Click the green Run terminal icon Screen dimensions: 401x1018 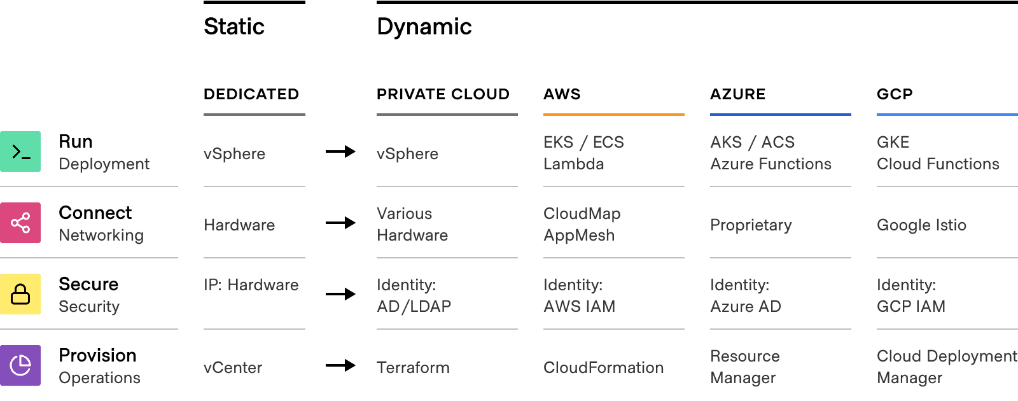coord(20,151)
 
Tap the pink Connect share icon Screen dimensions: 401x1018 coord(20,223)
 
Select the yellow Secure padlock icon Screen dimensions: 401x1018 coord(20,294)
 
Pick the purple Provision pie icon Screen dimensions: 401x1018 coord(20,365)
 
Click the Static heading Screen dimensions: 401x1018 coord(234,27)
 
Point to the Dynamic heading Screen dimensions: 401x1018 coord(424,27)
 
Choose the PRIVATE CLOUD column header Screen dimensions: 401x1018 coord(443,94)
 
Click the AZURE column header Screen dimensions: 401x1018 coord(738,94)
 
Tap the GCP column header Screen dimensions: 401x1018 coord(895,94)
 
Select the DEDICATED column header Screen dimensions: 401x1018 coord(251,94)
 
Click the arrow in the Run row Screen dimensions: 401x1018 coord(340,151)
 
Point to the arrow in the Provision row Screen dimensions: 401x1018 coord(340,365)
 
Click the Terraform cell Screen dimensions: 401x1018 coord(413,367)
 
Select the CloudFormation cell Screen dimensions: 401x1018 coord(603,367)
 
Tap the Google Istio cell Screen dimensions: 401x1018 coord(921,225)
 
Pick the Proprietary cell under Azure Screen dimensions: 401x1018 coord(751,225)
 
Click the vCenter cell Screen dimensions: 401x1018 coord(233,367)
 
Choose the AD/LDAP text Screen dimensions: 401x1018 coord(414,306)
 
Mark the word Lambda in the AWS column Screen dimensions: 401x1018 coord(574,164)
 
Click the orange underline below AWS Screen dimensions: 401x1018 coord(613,115)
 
